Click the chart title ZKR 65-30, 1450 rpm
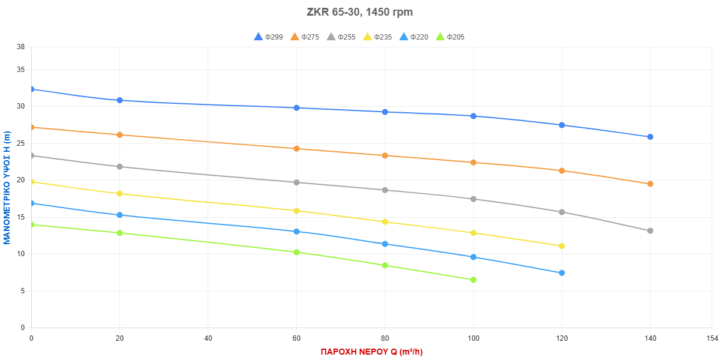(x=359, y=12)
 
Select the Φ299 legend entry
(x=269, y=37)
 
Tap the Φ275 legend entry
(x=305, y=37)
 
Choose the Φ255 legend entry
(x=341, y=37)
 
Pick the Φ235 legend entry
(x=377, y=37)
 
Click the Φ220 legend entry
(x=413, y=37)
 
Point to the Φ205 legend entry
(x=449, y=37)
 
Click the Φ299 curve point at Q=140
(x=650, y=137)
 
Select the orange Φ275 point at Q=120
(x=562, y=170)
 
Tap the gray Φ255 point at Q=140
(x=650, y=230)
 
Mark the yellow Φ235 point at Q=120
(x=562, y=246)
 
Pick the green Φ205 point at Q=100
(x=473, y=280)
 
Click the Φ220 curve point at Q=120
(x=562, y=272)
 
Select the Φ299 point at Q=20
(x=119, y=100)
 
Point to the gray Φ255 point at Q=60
(x=296, y=182)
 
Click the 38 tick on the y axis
(x=21, y=47)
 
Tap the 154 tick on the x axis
(x=711, y=339)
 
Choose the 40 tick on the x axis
(x=208, y=339)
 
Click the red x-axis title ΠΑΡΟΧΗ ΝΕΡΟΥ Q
(x=371, y=352)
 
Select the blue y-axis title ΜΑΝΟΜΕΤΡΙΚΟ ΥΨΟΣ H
(x=7, y=188)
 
